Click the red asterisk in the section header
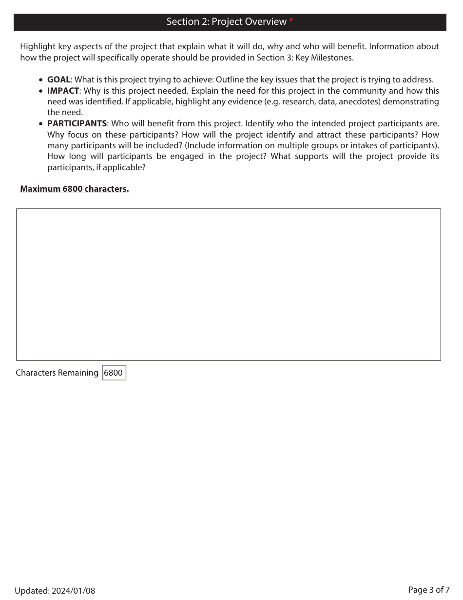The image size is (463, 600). [291, 20]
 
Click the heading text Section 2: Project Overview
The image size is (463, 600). [226, 22]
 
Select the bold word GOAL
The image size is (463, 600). [58, 80]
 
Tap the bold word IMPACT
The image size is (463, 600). [63, 91]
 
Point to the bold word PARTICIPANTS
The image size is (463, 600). [77, 123]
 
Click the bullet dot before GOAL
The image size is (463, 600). [41, 80]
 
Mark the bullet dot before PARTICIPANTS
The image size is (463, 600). [41, 124]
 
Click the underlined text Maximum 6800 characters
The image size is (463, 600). [74, 189]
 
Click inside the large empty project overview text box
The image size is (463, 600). [228, 284]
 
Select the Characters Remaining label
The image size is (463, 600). [57, 373]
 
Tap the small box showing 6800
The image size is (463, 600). [114, 373]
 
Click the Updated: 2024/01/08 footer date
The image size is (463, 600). [55, 591]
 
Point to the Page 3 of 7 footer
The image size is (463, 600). [428, 590]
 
